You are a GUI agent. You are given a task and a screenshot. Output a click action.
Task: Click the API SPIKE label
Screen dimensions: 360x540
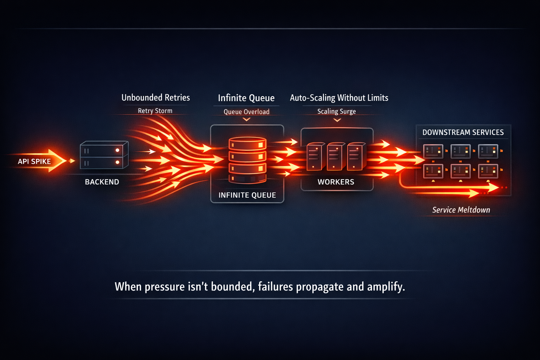34,161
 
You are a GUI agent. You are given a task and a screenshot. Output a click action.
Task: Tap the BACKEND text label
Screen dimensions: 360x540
102,182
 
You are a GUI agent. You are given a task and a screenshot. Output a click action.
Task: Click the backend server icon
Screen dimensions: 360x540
104,155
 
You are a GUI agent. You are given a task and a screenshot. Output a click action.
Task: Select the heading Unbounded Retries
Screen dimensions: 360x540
155,97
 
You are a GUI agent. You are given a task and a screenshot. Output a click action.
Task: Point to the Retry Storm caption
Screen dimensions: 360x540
155,111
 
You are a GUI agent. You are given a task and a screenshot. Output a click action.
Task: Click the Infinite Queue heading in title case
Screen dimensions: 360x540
246,98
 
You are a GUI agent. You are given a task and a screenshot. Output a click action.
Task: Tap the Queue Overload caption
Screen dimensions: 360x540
246,112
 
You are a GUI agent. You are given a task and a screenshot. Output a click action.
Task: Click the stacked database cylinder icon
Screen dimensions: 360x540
247,160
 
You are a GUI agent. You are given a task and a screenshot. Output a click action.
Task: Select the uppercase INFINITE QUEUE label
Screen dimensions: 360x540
247,195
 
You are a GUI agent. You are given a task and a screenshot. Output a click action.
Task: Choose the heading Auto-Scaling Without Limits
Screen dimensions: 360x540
339,98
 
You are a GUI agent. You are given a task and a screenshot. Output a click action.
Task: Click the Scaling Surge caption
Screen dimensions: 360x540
336,111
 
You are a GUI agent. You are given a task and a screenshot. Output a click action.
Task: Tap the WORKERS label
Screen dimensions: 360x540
336,182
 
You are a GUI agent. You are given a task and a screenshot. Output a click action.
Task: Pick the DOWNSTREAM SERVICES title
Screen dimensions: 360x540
463,133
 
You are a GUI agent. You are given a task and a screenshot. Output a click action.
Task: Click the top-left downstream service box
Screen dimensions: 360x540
433,151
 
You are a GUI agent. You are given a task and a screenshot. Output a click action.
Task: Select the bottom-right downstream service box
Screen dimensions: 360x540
488,171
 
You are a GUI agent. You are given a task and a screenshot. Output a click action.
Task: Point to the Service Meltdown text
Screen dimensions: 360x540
461,210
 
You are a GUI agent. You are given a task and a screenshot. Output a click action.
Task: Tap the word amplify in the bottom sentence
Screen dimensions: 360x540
386,287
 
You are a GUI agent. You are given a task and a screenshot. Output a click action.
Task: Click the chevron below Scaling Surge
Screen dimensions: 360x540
337,120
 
